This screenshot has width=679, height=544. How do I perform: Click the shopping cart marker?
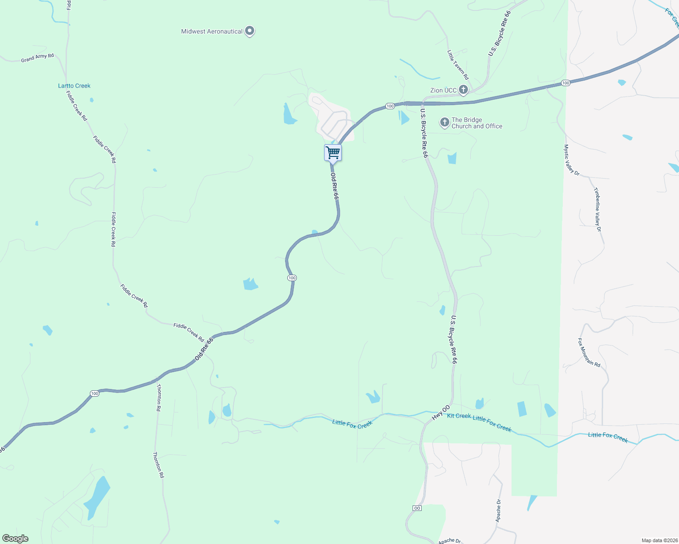(x=333, y=153)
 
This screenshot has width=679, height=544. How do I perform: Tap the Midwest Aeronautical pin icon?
(x=249, y=31)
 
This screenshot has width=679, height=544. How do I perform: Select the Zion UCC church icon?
(x=463, y=90)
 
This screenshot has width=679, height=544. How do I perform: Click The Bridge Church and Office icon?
(x=444, y=122)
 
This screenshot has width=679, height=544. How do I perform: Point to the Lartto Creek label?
(x=74, y=86)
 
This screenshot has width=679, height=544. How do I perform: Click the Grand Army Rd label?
(x=37, y=58)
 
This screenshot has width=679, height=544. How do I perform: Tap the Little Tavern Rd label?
(x=458, y=65)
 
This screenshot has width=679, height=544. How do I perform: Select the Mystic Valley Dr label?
(x=571, y=160)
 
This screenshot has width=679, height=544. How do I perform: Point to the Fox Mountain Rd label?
(x=589, y=352)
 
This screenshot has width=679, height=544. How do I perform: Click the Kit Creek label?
(x=459, y=416)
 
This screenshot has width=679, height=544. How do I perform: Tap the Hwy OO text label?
(x=440, y=413)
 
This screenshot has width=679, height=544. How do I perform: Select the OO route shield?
(x=417, y=508)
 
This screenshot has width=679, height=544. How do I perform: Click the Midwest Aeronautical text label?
(x=212, y=31)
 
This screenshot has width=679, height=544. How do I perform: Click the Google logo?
(x=15, y=539)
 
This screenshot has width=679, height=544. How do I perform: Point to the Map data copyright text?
(x=659, y=540)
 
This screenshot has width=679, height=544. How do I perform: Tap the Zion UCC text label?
(x=443, y=90)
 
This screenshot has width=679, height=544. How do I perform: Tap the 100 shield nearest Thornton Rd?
(x=94, y=393)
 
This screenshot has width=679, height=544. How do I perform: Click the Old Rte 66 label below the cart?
(x=335, y=186)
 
